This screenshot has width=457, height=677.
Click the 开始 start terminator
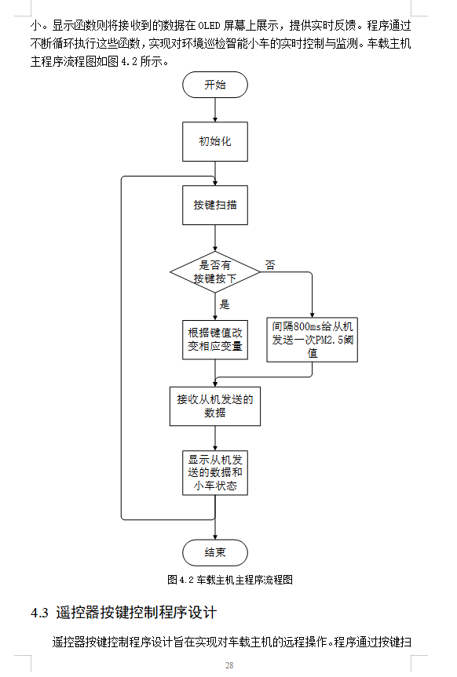tap(214, 85)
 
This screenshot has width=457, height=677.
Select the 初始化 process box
tap(214, 142)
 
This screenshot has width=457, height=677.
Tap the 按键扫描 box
tap(214, 205)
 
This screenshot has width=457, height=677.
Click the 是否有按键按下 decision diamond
tap(214, 271)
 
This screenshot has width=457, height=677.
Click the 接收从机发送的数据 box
tap(214, 406)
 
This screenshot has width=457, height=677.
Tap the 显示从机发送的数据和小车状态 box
tap(214, 472)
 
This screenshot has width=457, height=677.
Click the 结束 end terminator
tap(214, 552)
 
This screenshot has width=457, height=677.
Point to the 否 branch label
tap(270, 264)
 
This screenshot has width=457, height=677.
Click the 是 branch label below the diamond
tap(225, 304)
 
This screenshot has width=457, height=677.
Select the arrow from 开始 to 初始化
tap(214, 110)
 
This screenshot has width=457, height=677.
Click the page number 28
tap(228, 665)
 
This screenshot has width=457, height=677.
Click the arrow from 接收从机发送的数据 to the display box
tap(214, 437)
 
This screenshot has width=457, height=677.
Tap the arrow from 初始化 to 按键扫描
tap(214, 173)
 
